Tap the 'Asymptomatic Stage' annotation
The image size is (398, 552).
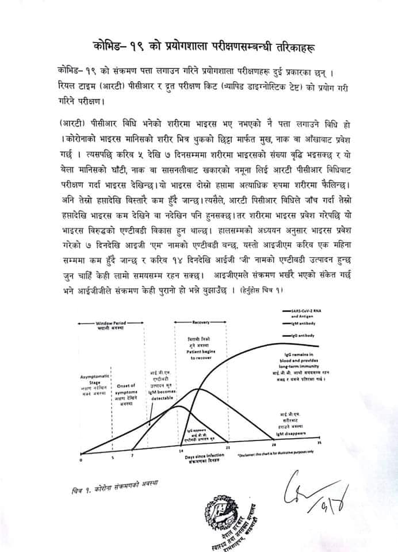click(91, 381)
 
